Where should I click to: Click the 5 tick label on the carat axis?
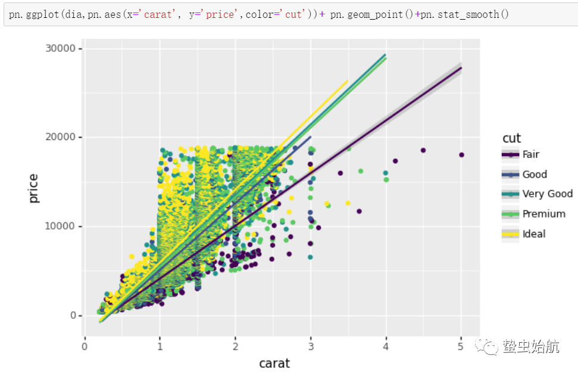click(461, 345)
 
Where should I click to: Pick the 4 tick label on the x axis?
click(386, 345)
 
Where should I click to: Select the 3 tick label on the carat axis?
click(310, 345)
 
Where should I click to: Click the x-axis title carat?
click(274, 362)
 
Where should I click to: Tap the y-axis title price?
click(34, 188)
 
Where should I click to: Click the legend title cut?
click(512, 138)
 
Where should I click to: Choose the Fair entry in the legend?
click(531, 154)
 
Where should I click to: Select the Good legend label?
click(535, 174)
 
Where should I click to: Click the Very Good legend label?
click(548, 194)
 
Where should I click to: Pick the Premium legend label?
click(544, 213)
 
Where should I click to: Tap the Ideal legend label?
click(534, 234)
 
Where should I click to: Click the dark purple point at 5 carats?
click(461, 155)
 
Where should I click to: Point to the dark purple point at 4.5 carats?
click(423, 150)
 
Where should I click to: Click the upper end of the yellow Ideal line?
click(348, 80)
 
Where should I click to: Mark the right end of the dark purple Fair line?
click(461, 67)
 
